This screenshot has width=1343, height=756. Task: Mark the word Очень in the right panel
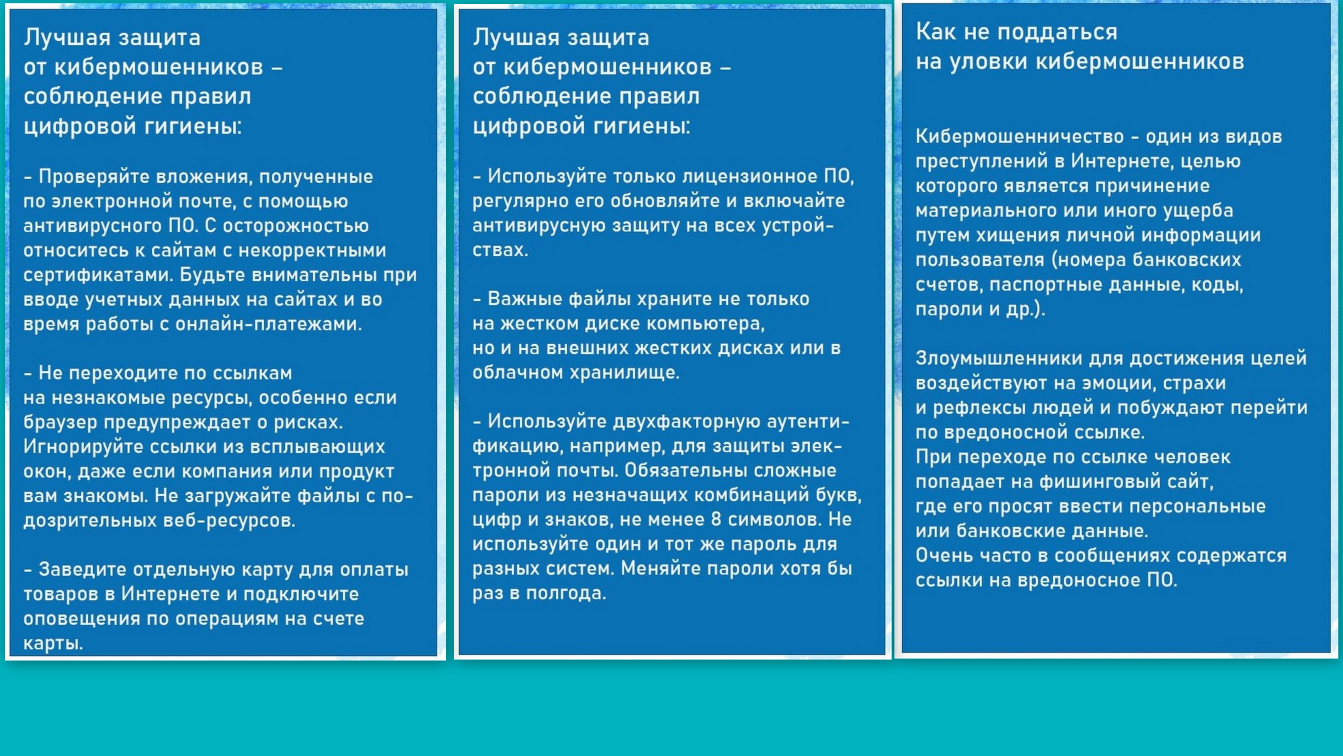[944, 556]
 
